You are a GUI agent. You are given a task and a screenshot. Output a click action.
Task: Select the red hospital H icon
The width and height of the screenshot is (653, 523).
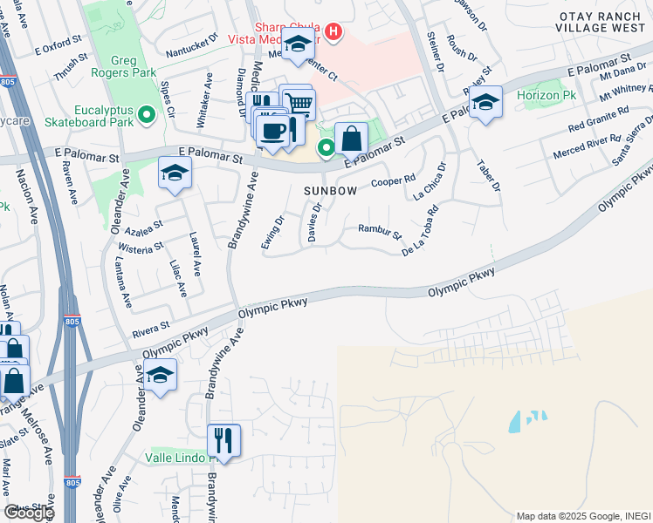tap(332, 33)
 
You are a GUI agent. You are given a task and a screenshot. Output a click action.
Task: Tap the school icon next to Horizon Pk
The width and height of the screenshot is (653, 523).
tap(485, 103)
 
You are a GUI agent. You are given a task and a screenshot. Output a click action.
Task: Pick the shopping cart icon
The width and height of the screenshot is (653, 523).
tap(299, 103)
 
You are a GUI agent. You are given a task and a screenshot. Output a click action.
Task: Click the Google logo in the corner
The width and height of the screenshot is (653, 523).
tap(28, 513)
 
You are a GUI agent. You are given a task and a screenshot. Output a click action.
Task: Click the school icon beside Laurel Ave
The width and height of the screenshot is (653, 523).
tap(175, 173)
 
